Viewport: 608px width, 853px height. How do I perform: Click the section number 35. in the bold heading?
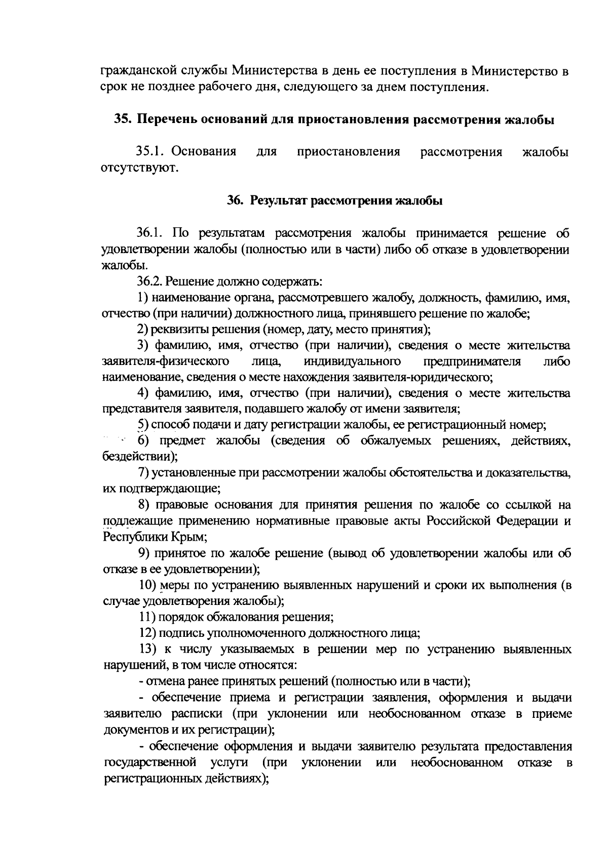124,120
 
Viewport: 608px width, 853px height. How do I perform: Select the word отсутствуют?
140,168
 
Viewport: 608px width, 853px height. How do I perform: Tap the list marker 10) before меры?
147,585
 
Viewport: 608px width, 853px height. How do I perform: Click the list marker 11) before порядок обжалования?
146,617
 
